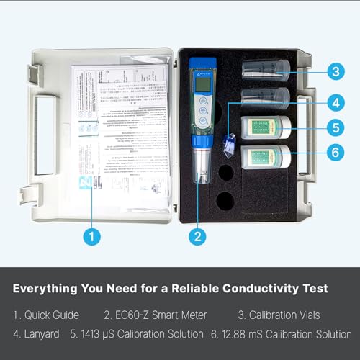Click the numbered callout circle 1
[x=91, y=235]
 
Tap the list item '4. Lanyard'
[x=36, y=334]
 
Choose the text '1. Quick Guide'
[x=47, y=315]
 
